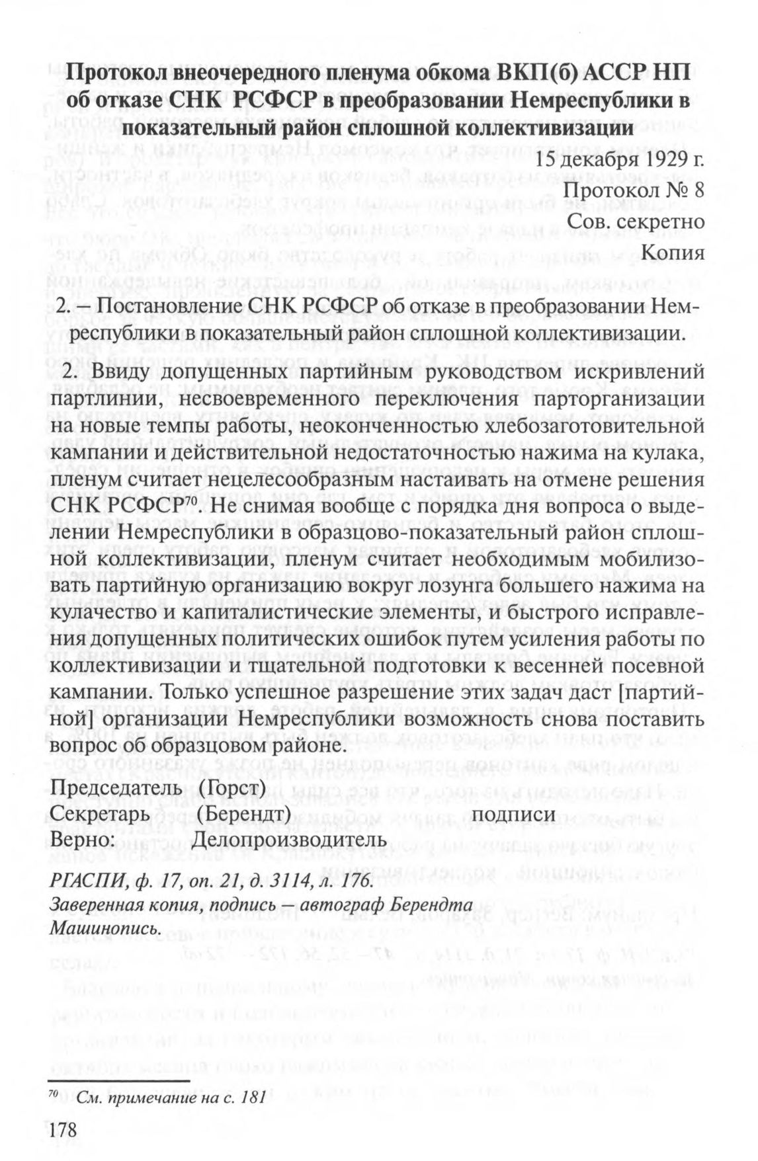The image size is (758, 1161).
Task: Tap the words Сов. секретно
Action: click(x=636, y=221)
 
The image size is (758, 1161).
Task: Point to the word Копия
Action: click(x=673, y=252)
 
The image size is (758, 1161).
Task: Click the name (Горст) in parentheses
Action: click(x=232, y=789)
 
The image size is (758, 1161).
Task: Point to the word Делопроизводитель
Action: click(x=288, y=839)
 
